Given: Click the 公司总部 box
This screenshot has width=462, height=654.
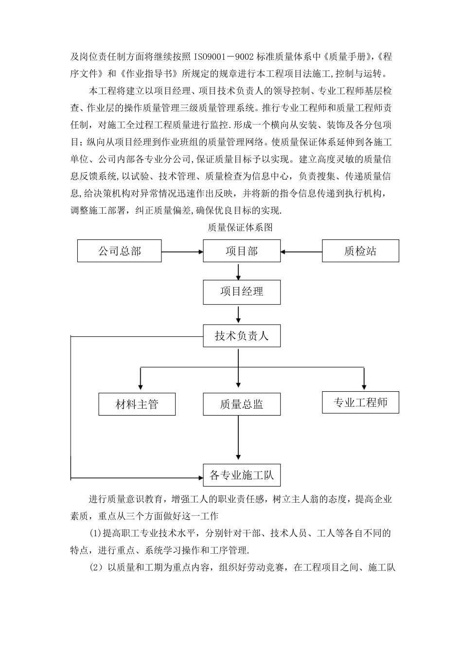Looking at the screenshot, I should point(119,251).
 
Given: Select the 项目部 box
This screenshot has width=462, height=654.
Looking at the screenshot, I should point(241,251).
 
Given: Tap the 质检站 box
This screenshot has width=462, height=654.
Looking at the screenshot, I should point(360,251).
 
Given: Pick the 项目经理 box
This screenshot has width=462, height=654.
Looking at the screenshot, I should point(241,292).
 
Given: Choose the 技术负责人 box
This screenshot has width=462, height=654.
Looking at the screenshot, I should point(241,336).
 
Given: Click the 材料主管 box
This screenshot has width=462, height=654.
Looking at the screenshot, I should point(137,404).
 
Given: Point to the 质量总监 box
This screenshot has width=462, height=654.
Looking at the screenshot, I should point(241,404).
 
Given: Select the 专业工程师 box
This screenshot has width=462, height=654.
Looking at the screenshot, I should point(360,402).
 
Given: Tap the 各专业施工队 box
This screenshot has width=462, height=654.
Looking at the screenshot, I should point(241,475).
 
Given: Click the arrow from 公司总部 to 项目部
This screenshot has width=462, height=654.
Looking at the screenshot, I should point(182,252).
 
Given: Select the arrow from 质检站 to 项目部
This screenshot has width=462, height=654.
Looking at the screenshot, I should point(302,252).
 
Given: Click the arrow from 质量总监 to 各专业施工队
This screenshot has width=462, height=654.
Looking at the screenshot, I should point(238,437).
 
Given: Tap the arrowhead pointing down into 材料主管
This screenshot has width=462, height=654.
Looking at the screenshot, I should point(141,386).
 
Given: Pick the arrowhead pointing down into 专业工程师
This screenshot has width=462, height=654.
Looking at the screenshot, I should point(364,385).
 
